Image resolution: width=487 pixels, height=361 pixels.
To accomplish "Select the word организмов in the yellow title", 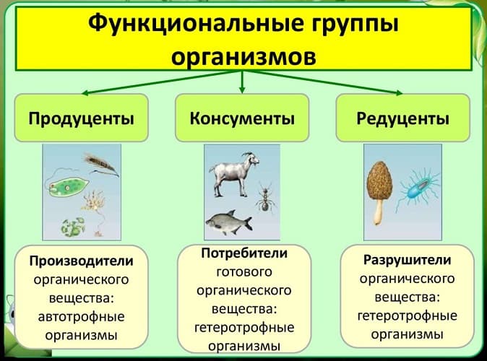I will click(243, 56).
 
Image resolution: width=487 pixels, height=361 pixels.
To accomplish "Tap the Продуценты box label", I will click(81, 118).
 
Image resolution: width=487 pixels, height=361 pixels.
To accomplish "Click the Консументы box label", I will click(242, 118).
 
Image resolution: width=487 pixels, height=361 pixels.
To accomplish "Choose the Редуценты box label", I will click(403, 118).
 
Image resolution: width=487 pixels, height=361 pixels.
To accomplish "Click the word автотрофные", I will click(81, 316).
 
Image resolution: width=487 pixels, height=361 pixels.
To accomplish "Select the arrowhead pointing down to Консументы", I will click(241, 91).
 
